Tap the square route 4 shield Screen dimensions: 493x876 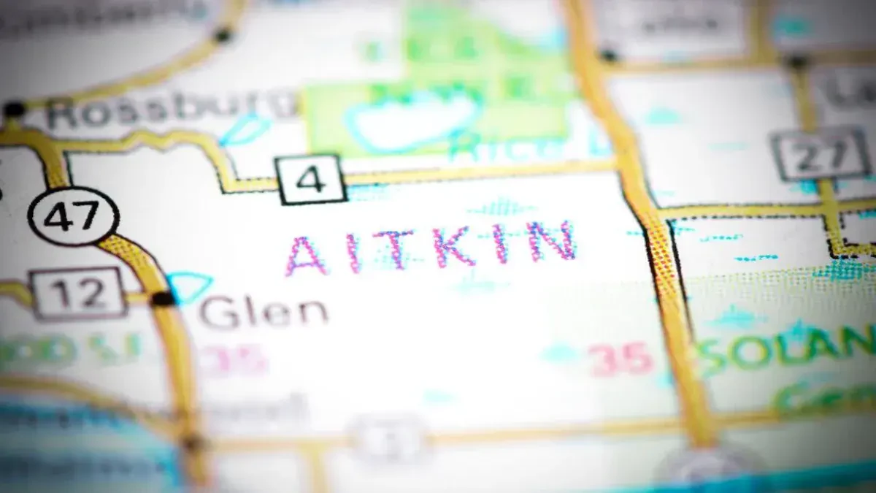point(311,179)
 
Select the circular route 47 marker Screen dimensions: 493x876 point(72,216)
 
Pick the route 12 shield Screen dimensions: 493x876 point(79,293)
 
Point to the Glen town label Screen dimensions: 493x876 point(264,312)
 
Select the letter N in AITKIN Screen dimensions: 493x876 point(552,241)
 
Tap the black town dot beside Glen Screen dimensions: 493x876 point(163,298)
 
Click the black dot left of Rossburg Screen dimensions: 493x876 point(14,110)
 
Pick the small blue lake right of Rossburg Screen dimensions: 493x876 point(245,130)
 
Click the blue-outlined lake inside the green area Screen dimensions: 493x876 point(413,121)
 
